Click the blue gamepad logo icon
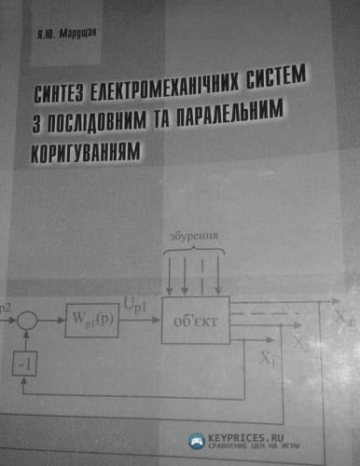pos(197,440)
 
